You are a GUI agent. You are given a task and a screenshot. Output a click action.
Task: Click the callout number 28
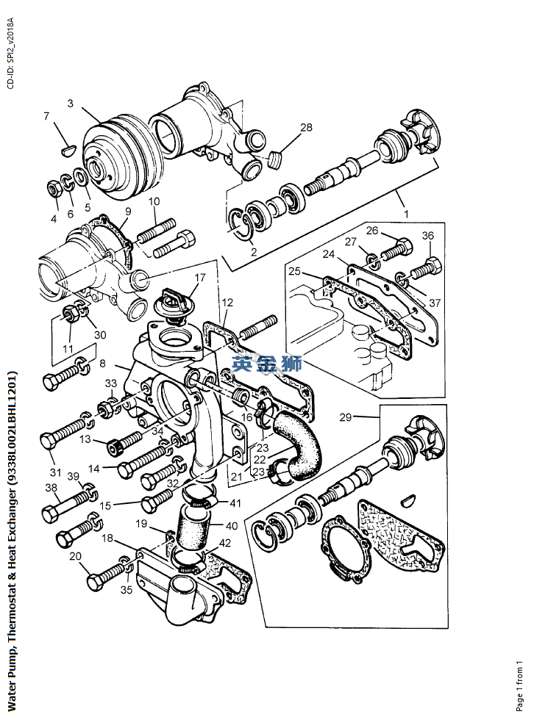coord(306,127)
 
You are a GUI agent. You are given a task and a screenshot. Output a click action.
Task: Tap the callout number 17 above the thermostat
coord(200,278)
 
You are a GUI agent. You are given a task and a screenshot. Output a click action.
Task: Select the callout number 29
coord(345,417)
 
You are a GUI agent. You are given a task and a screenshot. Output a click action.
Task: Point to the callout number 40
coord(231,526)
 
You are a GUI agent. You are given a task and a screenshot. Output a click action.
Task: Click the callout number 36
coord(428,235)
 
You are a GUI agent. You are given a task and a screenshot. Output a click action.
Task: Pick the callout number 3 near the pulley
coord(70,103)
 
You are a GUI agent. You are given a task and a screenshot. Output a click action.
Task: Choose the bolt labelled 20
coord(106,574)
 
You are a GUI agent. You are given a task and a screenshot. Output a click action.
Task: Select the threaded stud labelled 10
coord(156,231)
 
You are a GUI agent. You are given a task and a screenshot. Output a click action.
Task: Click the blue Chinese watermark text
coord(267,364)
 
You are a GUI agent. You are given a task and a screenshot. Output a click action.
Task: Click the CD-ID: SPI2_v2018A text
coord(11,54)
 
